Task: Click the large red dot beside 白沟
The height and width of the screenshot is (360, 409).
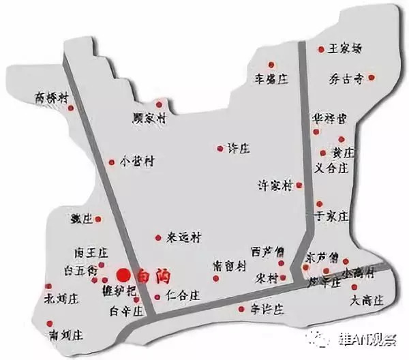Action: tap(123, 275)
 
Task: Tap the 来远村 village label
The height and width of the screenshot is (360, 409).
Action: tap(185, 238)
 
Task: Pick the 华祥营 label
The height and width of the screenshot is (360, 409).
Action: tap(329, 119)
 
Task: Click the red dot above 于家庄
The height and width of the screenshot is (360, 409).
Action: tap(318, 202)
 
